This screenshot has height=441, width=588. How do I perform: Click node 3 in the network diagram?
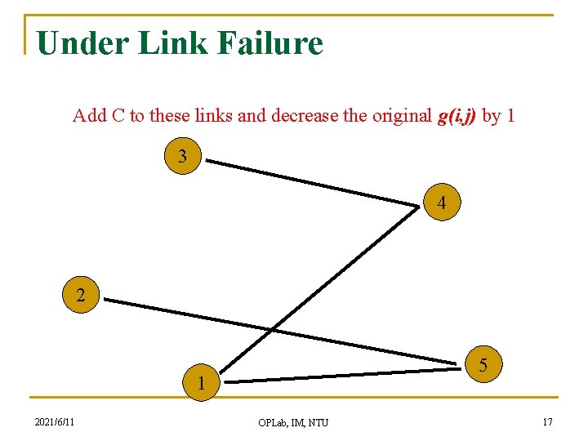(x=182, y=156)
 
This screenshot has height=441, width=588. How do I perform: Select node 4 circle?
(x=441, y=203)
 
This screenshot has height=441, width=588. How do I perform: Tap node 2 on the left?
(x=80, y=296)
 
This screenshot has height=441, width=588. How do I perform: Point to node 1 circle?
(x=199, y=382)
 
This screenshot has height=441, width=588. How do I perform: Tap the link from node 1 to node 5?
(x=343, y=376)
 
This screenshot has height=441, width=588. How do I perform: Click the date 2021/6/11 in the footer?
(x=55, y=421)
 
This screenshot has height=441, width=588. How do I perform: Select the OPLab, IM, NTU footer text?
(x=293, y=422)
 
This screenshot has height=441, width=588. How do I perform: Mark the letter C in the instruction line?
(x=118, y=116)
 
